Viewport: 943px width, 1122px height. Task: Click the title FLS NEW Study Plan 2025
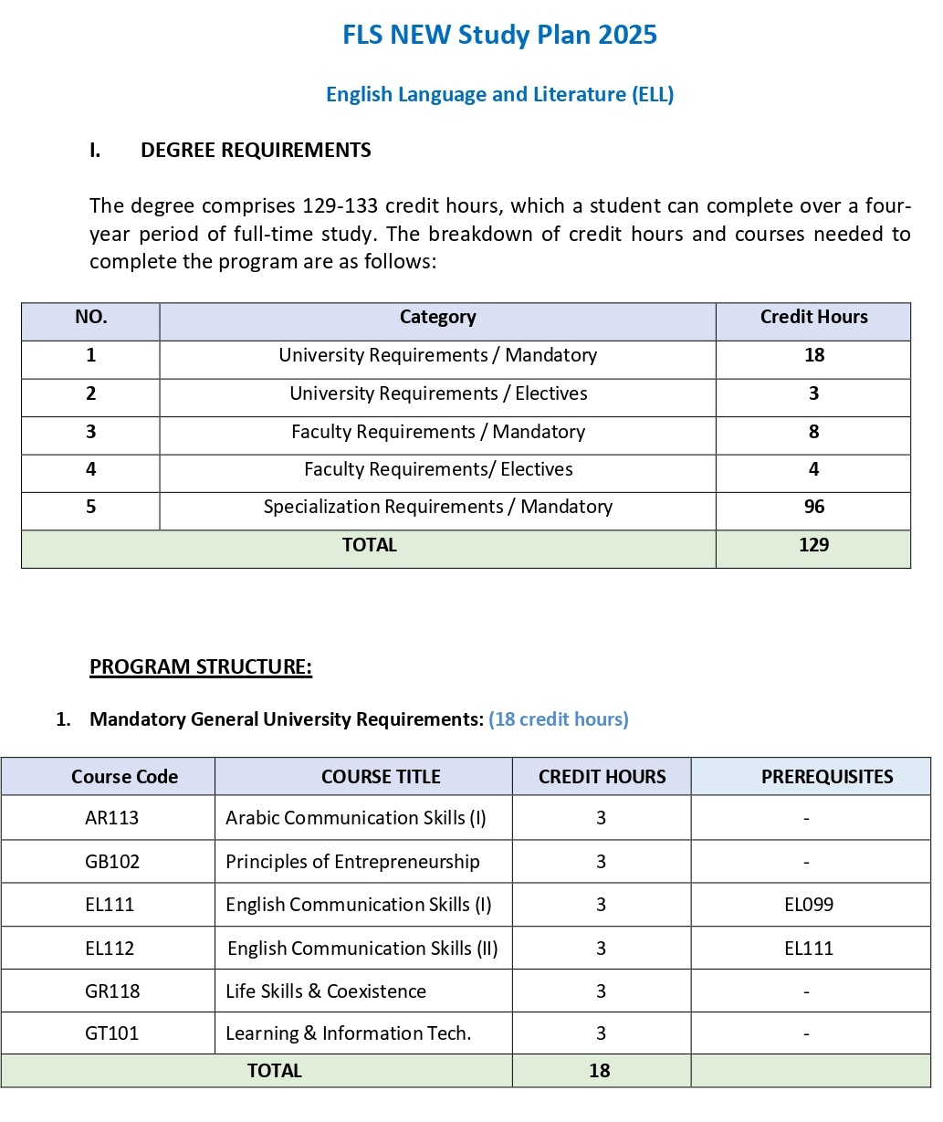[x=499, y=36]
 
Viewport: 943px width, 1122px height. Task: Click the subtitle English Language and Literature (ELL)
[x=499, y=94]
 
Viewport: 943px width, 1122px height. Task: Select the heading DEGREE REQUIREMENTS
[x=256, y=151]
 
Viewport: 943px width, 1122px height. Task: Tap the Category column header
[x=437, y=318]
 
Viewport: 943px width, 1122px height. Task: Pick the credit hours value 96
[x=813, y=507]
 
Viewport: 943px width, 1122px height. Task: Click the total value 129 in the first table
[x=813, y=545]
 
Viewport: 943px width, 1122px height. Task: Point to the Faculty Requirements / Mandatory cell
[x=437, y=432]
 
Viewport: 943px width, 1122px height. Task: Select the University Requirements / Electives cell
[x=437, y=393]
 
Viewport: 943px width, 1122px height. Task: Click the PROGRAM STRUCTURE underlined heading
[x=201, y=667]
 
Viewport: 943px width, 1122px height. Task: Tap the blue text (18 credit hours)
[x=558, y=719]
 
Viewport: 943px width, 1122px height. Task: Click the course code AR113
[x=111, y=818]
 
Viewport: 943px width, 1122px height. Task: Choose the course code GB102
[x=111, y=862]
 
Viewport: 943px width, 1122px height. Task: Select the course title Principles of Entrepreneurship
[x=352, y=862]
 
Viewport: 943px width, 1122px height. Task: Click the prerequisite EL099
[x=809, y=905]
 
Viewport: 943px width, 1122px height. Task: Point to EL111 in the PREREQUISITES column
[x=809, y=949]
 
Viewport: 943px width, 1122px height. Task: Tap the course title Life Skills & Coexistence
[x=326, y=991]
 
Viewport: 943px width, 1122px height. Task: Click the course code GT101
[x=111, y=1033]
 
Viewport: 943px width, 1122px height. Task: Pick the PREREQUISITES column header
[x=827, y=777]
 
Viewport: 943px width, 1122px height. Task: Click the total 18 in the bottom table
[x=599, y=1071]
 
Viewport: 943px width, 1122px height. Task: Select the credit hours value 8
[x=813, y=432]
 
